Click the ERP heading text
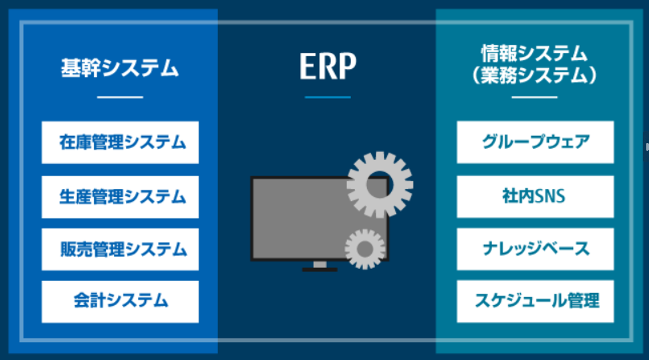[x=328, y=66]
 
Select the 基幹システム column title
[x=119, y=68]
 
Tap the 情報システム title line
[x=534, y=53]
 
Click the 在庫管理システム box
[x=120, y=142]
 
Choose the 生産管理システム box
[x=120, y=197]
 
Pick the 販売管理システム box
[x=120, y=249]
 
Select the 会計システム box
[x=120, y=302]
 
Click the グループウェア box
[x=535, y=142]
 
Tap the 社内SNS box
[x=535, y=197]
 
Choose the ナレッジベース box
[x=535, y=249]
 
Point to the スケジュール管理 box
[x=535, y=301]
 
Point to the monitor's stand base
[x=320, y=270]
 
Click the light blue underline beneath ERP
[x=328, y=98]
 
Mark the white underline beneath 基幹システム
[x=120, y=98]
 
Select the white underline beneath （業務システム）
[x=535, y=98]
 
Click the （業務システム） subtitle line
[x=534, y=75]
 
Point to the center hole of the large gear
[x=380, y=185]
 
